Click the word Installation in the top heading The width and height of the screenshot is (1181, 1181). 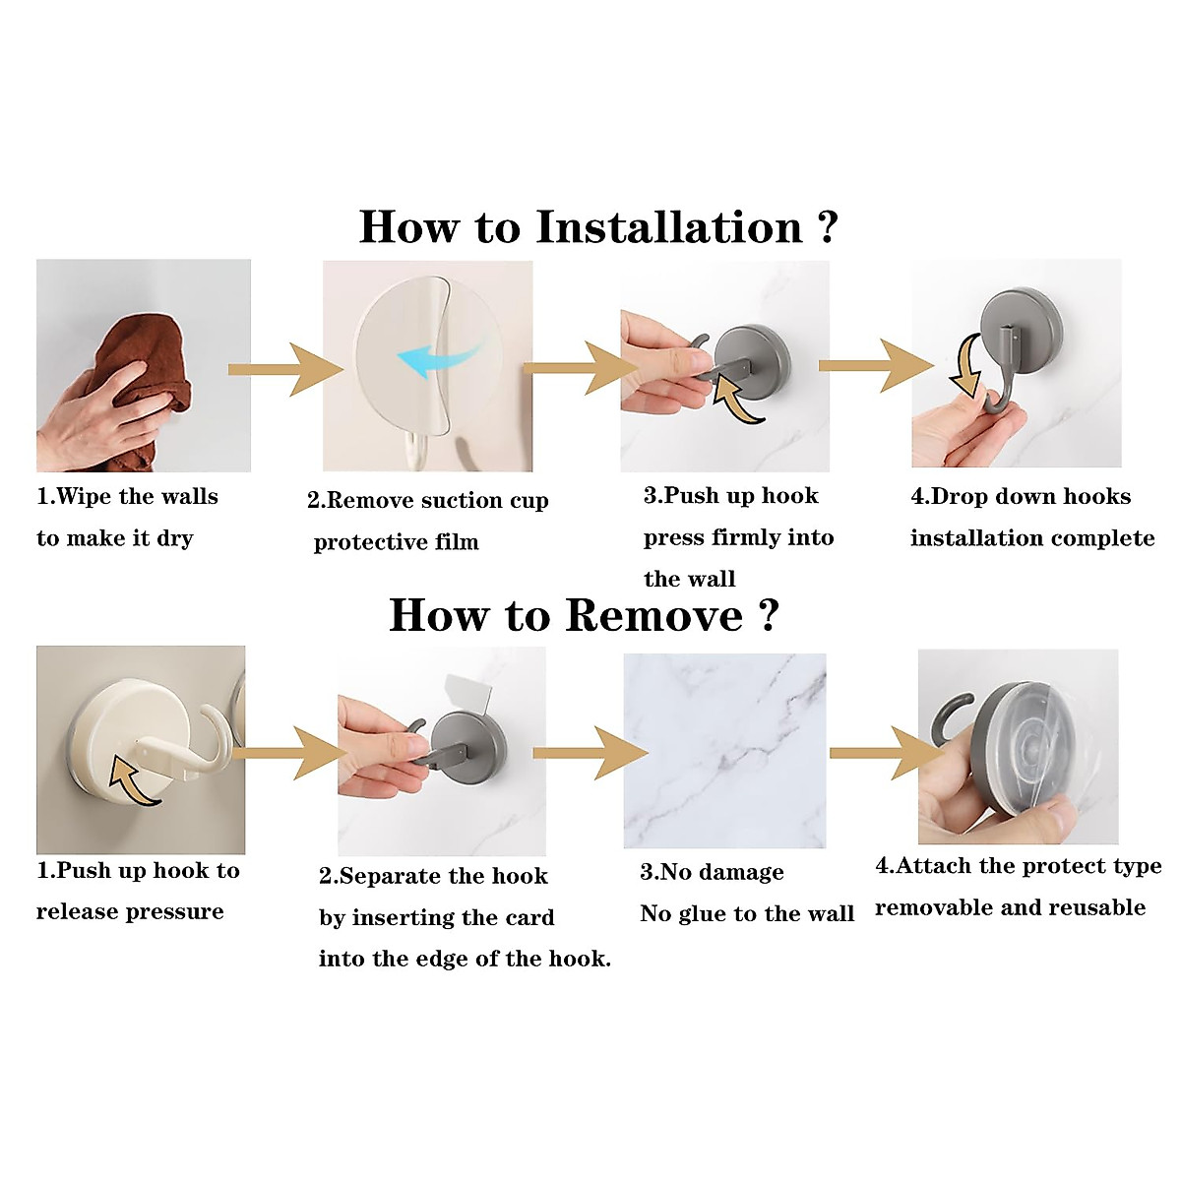point(669,226)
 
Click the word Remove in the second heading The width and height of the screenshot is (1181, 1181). point(653,615)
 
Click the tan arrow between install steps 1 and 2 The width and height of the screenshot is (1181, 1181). point(285,370)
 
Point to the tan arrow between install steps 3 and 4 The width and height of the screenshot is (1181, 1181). point(876,366)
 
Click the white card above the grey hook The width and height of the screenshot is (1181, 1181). point(468,694)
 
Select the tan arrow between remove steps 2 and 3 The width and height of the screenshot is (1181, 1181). point(590,753)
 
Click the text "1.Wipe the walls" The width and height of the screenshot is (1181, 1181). point(128,496)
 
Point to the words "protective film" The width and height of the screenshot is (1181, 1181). point(396,542)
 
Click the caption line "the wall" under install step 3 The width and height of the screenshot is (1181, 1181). point(690,579)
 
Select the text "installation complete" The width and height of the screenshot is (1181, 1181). point(1032,538)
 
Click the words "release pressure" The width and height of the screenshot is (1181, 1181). point(130,911)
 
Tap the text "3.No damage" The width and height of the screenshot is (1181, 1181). point(713,872)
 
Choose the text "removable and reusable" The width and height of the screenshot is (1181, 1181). point(1010,907)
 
